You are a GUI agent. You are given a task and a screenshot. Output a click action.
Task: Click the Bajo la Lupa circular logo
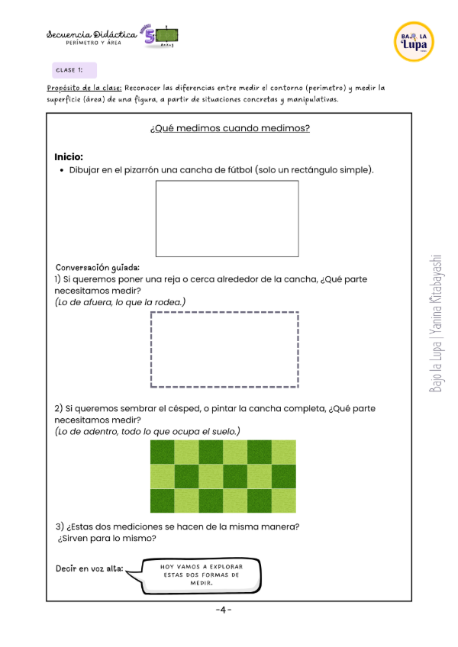pyautogui.click(x=414, y=41)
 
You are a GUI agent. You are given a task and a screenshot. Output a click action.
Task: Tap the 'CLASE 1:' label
pyautogui.click(x=69, y=70)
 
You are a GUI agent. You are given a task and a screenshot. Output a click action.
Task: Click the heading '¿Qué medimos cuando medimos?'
pyautogui.click(x=230, y=128)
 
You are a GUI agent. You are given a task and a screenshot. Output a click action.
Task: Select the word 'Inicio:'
pyautogui.click(x=69, y=156)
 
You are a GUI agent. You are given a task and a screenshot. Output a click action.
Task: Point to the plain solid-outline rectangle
pyautogui.click(x=227, y=218)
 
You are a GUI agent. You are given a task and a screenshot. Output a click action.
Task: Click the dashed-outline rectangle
pyautogui.click(x=224, y=349)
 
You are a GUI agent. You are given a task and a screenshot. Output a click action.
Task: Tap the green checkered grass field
pyautogui.click(x=223, y=476)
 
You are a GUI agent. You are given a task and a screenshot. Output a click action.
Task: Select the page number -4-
pyautogui.click(x=223, y=610)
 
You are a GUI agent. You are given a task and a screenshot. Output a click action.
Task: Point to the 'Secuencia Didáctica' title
pyautogui.click(x=92, y=34)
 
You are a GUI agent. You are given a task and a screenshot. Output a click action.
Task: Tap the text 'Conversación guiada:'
pyautogui.click(x=97, y=268)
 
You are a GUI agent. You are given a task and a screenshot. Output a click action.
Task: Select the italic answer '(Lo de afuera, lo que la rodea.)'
pyautogui.click(x=120, y=303)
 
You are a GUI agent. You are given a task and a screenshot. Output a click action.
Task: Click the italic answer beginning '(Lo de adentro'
pyautogui.click(x=147, y=432)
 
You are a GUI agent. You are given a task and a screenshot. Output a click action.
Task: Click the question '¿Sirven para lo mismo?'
pyautogui.click(x=107, y=539)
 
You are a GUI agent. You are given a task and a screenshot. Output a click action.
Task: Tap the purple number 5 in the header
pyautogui.click(x=149, y=36)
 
